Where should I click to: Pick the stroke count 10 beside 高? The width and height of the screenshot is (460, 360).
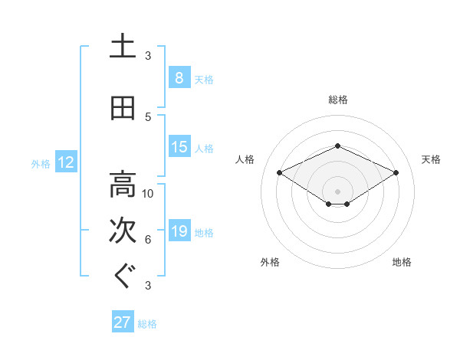[x=148, y=193]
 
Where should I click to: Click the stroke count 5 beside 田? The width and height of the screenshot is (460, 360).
[x=148, y=116]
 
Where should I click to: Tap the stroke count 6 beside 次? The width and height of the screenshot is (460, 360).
[x=148, y=239]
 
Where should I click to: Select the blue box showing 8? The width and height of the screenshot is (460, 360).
[x=179, y=78]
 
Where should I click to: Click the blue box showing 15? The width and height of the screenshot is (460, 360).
[x=179, y=147]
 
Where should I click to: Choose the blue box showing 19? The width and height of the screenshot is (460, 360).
[x=179, y=231]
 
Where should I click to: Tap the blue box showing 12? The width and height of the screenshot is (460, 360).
[x=66, y=162]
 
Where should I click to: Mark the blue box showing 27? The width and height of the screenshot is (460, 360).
[x=123, y=322]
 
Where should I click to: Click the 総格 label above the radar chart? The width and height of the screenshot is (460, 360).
[x=338, y=100]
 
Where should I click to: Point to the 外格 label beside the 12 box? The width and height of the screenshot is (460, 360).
[x=41, y=163]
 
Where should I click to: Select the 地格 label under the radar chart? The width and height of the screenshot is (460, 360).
[x=402, y=262]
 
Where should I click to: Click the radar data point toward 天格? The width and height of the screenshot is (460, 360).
[x=396, y=173]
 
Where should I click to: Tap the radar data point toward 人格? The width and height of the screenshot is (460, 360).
[x=280, y=173]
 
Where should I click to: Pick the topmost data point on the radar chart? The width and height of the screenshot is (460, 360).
[x=338, y=146]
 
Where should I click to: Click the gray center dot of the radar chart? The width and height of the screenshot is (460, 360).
[x=338, y=191]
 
